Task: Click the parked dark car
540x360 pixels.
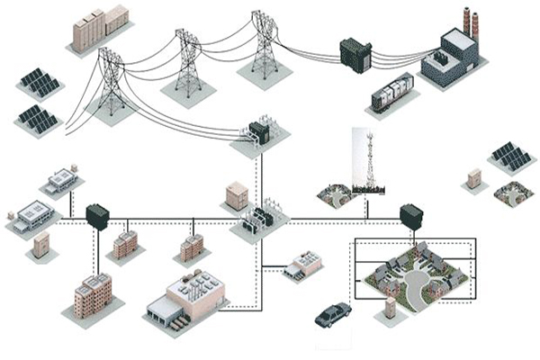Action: [334, 314]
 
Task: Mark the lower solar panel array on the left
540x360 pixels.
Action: [37, 117]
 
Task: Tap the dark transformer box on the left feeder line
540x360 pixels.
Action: [96, 217]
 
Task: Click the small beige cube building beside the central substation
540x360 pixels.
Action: [237, 194]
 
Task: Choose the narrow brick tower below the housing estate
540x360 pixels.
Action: [391, 310]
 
